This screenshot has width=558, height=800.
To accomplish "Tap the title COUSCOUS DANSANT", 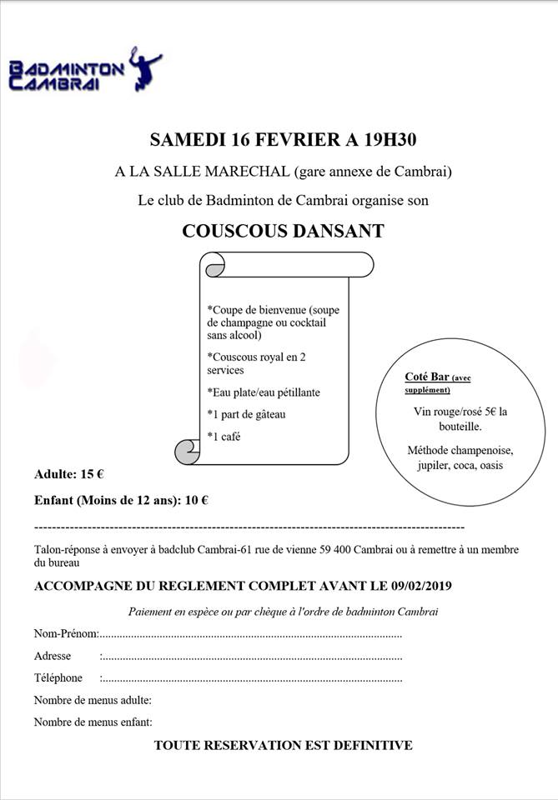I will pos(283,231).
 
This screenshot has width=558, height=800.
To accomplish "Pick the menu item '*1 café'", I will pos(224,436).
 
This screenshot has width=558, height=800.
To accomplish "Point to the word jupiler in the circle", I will pos(434,466).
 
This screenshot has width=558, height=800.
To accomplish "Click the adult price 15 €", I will pos(92,475).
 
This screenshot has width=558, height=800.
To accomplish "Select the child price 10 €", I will pos(197,501).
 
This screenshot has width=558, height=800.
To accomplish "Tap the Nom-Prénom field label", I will pos(66,634).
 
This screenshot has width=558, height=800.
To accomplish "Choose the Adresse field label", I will pos(53,656).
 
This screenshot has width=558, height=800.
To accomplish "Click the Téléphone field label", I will pos(58,678).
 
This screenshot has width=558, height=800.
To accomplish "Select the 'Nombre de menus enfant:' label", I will pos(93,722).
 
